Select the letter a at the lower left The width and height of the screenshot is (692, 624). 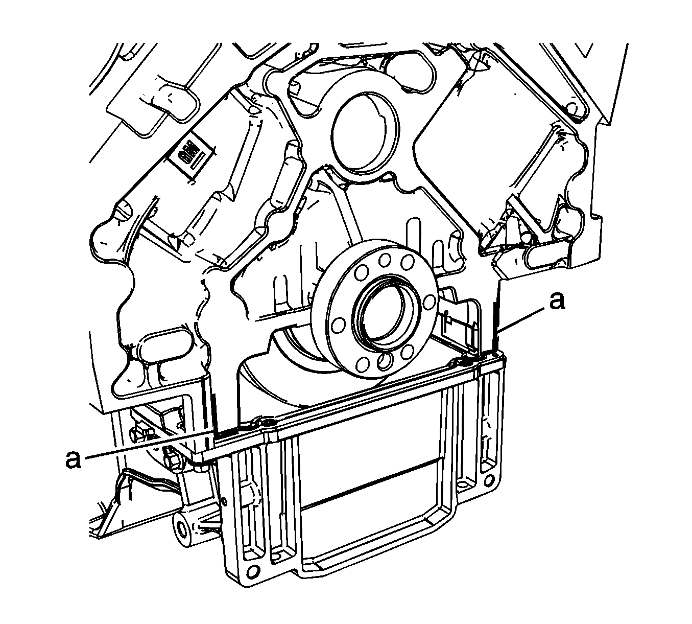click(x=73, y=459)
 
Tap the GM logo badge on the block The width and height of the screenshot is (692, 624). click(x=191, y=155)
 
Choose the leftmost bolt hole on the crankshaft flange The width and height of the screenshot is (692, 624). click(x=338, y=326)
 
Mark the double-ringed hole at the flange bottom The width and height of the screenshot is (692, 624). click(x=384, y=361)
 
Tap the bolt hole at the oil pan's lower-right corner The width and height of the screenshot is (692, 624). click(x=488, y=481)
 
